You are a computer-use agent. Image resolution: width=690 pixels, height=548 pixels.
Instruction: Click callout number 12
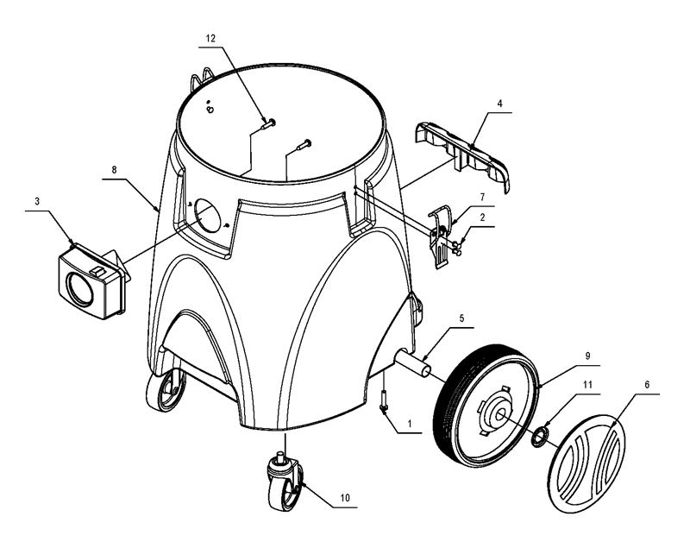pos(210,38)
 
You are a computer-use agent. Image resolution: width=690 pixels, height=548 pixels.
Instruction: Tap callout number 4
pos(499,104)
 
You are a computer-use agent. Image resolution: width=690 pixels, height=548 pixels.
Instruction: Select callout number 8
pos(115,170)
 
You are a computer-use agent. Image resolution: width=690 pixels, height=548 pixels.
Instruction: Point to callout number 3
pos(37,201)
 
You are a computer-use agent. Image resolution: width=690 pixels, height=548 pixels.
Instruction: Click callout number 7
pos(482,196)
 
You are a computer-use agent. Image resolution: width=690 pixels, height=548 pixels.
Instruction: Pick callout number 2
pos(482,217)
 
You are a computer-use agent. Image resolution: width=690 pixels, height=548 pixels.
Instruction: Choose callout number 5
pos(461,318)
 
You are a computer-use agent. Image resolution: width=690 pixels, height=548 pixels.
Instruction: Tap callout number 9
pos(587,356)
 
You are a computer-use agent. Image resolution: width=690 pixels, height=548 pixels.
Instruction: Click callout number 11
pos(587,385)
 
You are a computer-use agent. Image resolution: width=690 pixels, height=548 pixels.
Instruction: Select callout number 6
pos(647,385)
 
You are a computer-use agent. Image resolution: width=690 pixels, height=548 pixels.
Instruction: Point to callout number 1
pos(410,424)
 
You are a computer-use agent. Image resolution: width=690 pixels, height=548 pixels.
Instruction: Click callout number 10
pos(345,498)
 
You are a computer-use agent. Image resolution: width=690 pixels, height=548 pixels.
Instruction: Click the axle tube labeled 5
pos(412,363)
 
